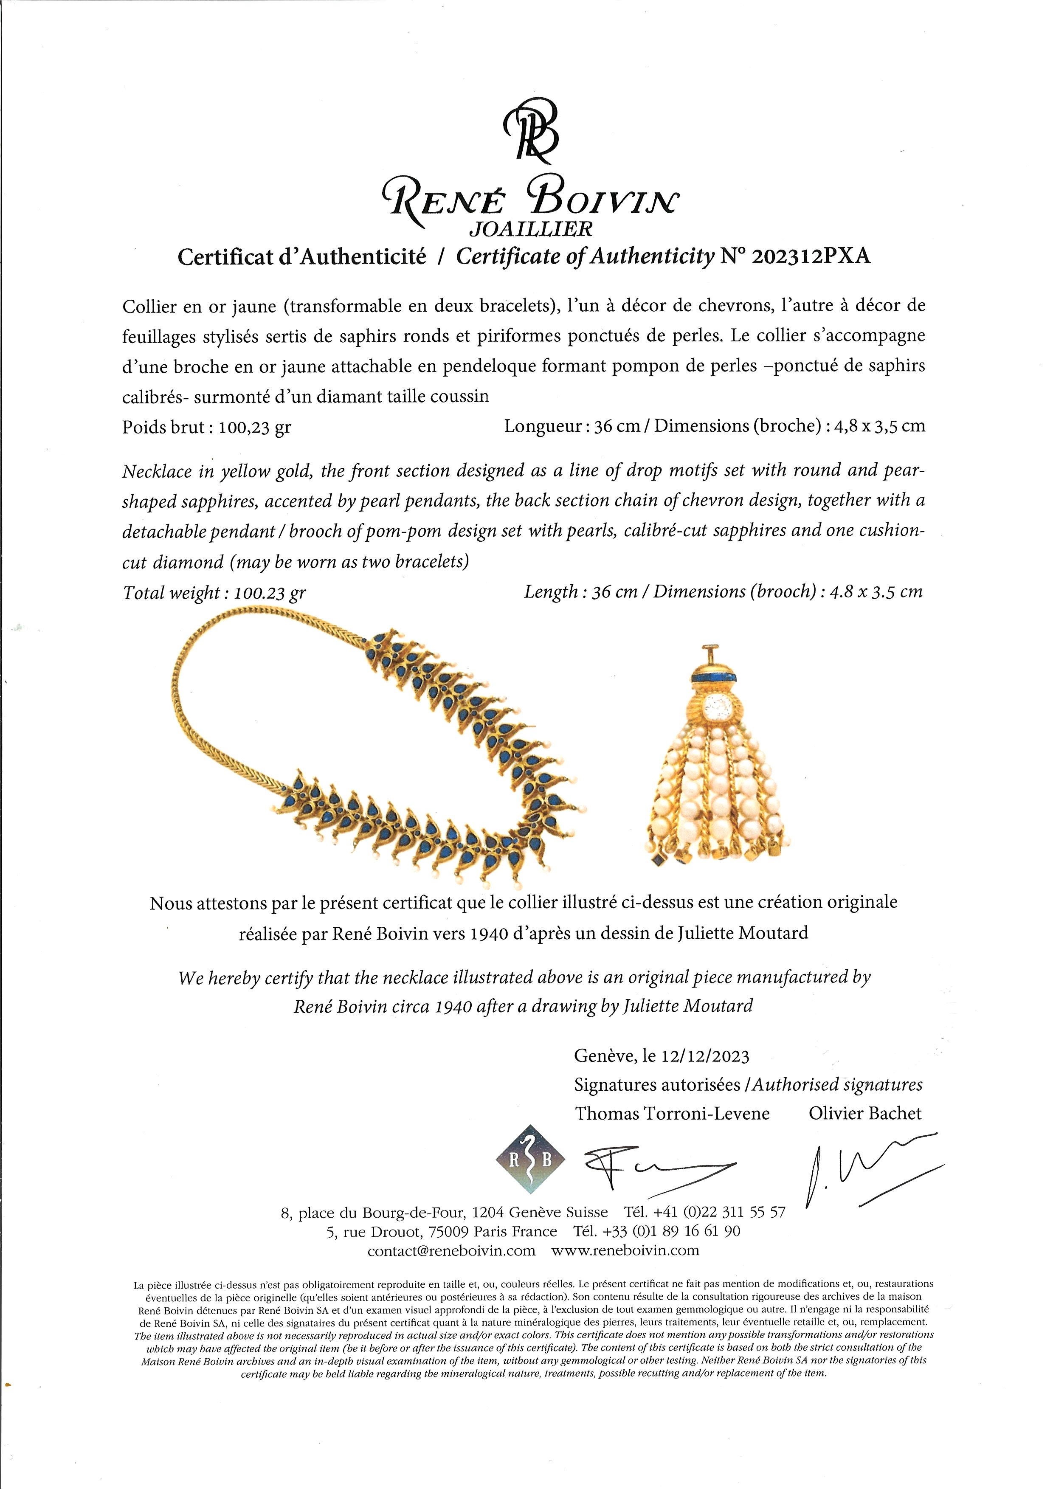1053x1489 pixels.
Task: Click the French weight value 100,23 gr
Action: coord(255,428)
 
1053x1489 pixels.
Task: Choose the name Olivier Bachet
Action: coord(864,1114)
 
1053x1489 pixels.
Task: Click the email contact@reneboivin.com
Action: coord(451,1251)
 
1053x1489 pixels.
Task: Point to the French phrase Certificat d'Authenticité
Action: coord(302,257)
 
